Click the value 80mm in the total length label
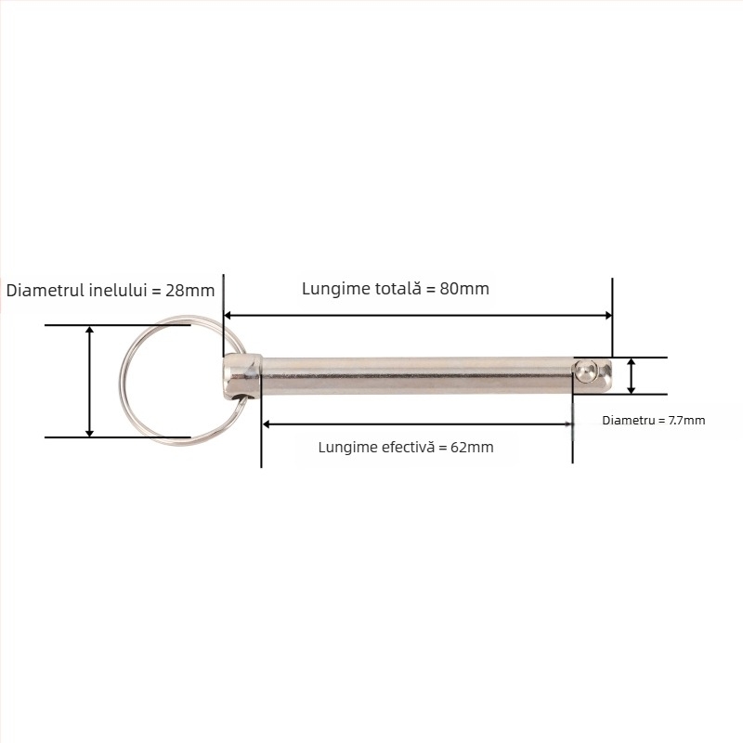(x=464, y=289)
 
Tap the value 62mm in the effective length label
(x=472, y=447)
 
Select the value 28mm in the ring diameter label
(x=190, y=290)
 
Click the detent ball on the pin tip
(x=583, y=371)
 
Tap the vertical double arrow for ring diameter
(x=90, y=381)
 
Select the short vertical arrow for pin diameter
(x=632, y=376)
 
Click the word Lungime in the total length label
(x=331, y=289)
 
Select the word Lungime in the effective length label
(x=345, y=447)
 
